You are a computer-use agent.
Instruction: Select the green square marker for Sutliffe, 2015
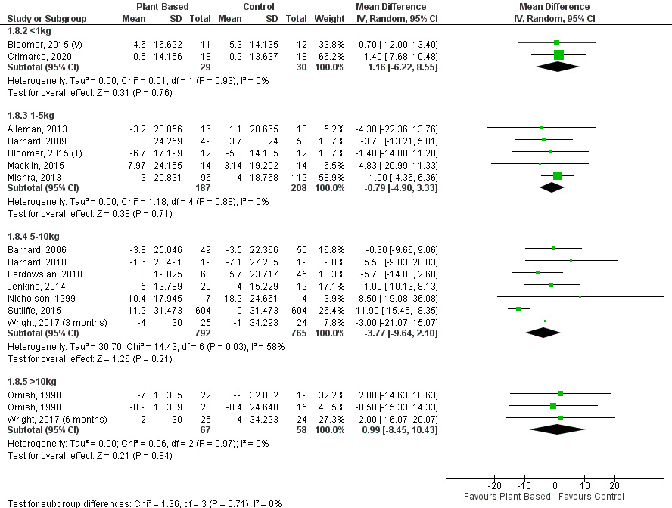click(x=519, y=309)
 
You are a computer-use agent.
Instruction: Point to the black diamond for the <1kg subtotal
click(x=558, y=67)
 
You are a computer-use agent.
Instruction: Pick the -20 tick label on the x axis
click(x=495, y=485)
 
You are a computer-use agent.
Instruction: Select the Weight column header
click(x=328, y=18)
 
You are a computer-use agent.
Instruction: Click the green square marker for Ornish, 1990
click(x=560, y=393)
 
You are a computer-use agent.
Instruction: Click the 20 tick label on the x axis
click(x=614, y=485)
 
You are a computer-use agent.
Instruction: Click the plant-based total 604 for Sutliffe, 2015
click(x=202, y=309)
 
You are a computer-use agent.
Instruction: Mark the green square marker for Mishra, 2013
click(x=558, y=176)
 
